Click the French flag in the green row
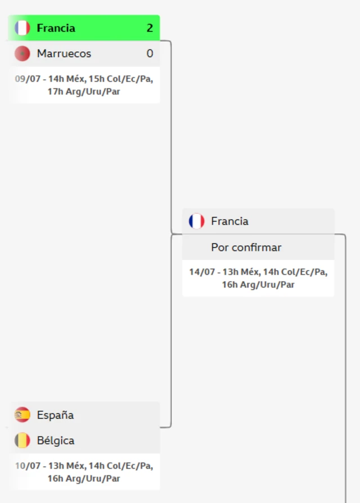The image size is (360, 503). (x=22, y=28)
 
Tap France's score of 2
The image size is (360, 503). (x=150, y=28)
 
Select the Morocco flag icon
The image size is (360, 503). (x=22, y=53)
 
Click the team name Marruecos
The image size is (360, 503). (x=64, y=53)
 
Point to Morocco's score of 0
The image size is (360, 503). (x=150, y=53)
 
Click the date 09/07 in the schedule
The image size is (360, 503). (x=28, y=79)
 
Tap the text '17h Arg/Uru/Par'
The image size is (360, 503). (x=84, y=92)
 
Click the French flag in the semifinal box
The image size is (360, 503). (x=196, y=221)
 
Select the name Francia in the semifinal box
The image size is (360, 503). (x=229, y=221)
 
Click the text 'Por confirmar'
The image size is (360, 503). (x=246, y=248)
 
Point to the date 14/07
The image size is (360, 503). (x=202, y=272)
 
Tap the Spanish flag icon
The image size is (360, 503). (x=22, y=415)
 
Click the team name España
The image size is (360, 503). (x=55, y=415)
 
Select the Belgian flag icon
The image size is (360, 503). (x=22, y=441)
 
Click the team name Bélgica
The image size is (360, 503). (x=56, y=441)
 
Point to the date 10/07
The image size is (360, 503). (x=28, y=466)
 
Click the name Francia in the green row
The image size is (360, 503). (x=56, y=28)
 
